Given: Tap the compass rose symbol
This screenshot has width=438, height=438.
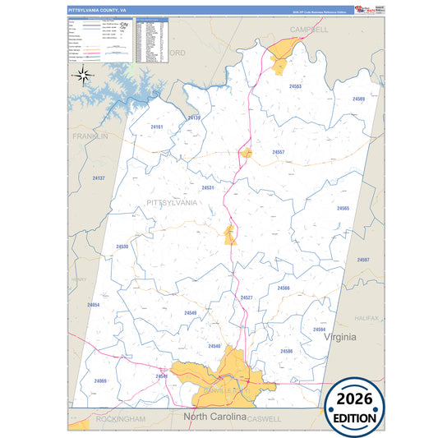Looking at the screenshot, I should click(83, 76).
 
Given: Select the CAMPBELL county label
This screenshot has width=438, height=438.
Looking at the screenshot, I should click(308, 29).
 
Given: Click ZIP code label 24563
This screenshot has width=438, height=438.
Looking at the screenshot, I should click(295, 86).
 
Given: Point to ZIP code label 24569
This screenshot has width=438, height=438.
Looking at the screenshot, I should click(358, 99).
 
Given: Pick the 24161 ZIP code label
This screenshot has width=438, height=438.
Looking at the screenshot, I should click(157, 127).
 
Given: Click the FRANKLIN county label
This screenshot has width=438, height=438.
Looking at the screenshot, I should click(90, 136).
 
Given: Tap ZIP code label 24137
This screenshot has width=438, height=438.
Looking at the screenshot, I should click(99, 178).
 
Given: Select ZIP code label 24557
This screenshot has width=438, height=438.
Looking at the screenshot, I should click(279, 153).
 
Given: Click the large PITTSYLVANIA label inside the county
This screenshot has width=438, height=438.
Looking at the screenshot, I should click(171, 202).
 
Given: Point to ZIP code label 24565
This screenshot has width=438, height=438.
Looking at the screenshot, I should click(343, 208).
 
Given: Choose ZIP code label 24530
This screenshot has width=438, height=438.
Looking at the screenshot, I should click(122, 247).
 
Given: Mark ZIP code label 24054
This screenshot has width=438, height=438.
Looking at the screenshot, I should click(93, 305).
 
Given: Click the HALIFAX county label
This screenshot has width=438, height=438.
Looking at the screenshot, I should click(367, 317).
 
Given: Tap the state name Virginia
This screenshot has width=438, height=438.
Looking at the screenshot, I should click(339, 338).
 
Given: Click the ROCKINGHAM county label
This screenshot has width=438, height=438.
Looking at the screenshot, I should click(120, 419).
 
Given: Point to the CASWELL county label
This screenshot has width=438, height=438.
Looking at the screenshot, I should click(264, 419).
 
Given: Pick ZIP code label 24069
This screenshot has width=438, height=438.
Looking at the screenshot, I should click(100, 380).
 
